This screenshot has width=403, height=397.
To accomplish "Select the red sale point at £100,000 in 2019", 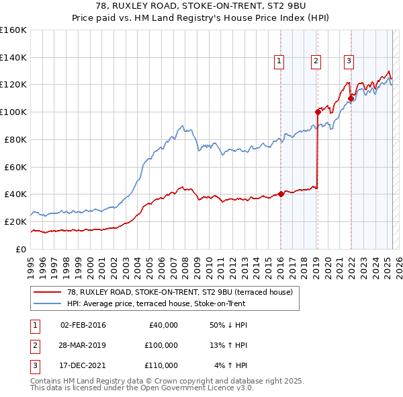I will coord(318,112).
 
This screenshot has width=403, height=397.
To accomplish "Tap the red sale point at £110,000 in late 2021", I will coord(351,98).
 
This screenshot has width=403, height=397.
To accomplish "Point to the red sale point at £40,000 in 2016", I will coord(281,194).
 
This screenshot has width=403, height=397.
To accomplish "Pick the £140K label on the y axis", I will coord(14,57).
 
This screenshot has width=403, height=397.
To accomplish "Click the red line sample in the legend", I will coord(46,293).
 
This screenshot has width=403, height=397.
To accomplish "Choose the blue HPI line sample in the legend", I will coord(46,303).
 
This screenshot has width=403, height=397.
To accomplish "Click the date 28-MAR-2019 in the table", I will coord(83,345).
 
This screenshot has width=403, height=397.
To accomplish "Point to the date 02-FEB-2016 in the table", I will coord(83,325).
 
